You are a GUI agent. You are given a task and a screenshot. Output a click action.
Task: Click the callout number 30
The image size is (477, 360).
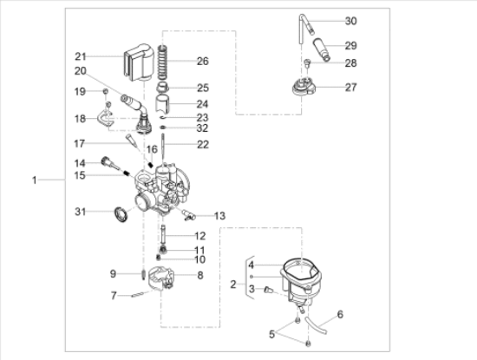(350, 21)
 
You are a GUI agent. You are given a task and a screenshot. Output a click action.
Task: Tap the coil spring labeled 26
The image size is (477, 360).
(163, 62)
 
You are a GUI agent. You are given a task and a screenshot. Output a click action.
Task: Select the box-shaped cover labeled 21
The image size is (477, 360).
(139, 62)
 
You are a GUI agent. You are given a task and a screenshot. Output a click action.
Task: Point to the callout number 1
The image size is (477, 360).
(35, 180)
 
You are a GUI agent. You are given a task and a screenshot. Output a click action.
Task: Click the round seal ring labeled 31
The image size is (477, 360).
(121, 214)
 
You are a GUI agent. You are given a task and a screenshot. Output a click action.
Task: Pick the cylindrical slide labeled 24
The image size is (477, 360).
(162, 104)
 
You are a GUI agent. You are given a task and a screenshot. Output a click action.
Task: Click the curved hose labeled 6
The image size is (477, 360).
(316, 325)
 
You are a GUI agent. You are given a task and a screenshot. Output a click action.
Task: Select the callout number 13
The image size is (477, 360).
(219, 216)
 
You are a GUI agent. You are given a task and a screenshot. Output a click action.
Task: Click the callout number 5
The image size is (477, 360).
(271, 334)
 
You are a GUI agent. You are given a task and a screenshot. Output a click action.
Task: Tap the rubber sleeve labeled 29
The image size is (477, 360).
(322, 49)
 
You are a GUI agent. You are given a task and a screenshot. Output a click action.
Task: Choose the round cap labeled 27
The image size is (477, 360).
(304, 88)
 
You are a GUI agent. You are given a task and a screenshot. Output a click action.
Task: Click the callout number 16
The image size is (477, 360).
(152, 149)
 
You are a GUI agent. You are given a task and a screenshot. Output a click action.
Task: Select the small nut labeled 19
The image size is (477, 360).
(106, 91)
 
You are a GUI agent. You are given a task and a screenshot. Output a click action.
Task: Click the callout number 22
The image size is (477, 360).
(203, 145)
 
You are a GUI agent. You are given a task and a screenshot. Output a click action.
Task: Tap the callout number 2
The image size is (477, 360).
(233, 285)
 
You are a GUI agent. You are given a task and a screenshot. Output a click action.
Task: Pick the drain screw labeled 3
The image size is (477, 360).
(269, 290)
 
